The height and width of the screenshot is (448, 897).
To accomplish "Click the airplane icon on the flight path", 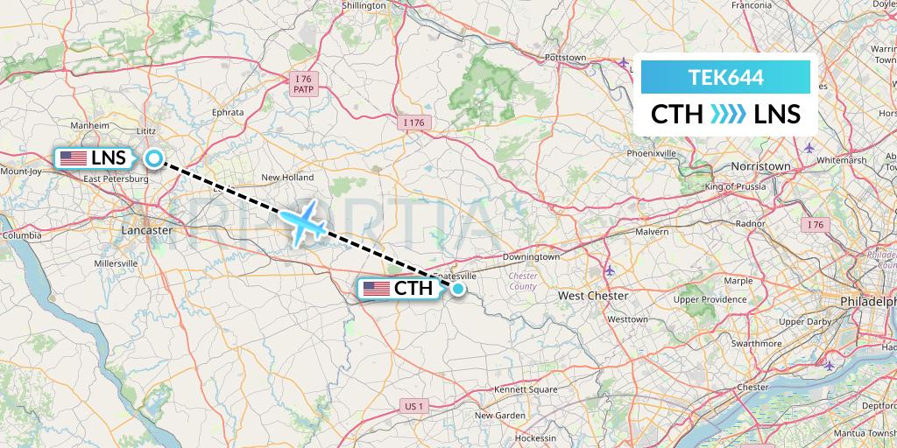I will pyautogui.click(x=305, y=224).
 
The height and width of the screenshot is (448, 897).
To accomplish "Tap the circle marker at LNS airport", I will pyautogui.click(x=154, y=158).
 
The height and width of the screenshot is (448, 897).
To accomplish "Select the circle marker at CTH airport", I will pyautogui.click(x=457, y=289).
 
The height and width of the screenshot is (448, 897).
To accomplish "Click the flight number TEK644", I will pyautogui.click(x=726, y=77).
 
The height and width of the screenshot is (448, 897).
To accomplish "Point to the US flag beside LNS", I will pyautogui.click(x=73, y=158).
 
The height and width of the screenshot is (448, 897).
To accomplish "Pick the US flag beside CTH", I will pyautogui.click(x=377, y=289).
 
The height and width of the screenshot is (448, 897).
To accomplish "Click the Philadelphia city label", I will pyautogui.click(x=866, y=301).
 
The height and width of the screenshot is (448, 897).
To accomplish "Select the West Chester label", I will pyautogui.click(x=593, y=296).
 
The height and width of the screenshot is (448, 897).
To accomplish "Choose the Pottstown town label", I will pyautogui.click(x=565, y=58).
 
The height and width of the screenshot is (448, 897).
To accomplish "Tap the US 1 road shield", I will pyautogui.click(x=414, y=406).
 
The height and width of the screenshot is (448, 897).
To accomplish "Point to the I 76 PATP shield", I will pyautogui.click(x=304, y=84).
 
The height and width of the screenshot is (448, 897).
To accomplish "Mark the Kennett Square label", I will pyautogui.click(x=526, y=388).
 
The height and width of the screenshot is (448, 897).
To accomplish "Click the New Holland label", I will pyautogui.click(x=287, y=178).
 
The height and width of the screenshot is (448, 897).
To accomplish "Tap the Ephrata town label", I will pyautogui.click(x=228, y=113).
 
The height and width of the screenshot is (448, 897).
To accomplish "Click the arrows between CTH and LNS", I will pyautogui.click(x=727, y=115).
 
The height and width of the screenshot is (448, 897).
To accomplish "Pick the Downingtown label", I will pyautogui.click(x=531, y=257).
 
